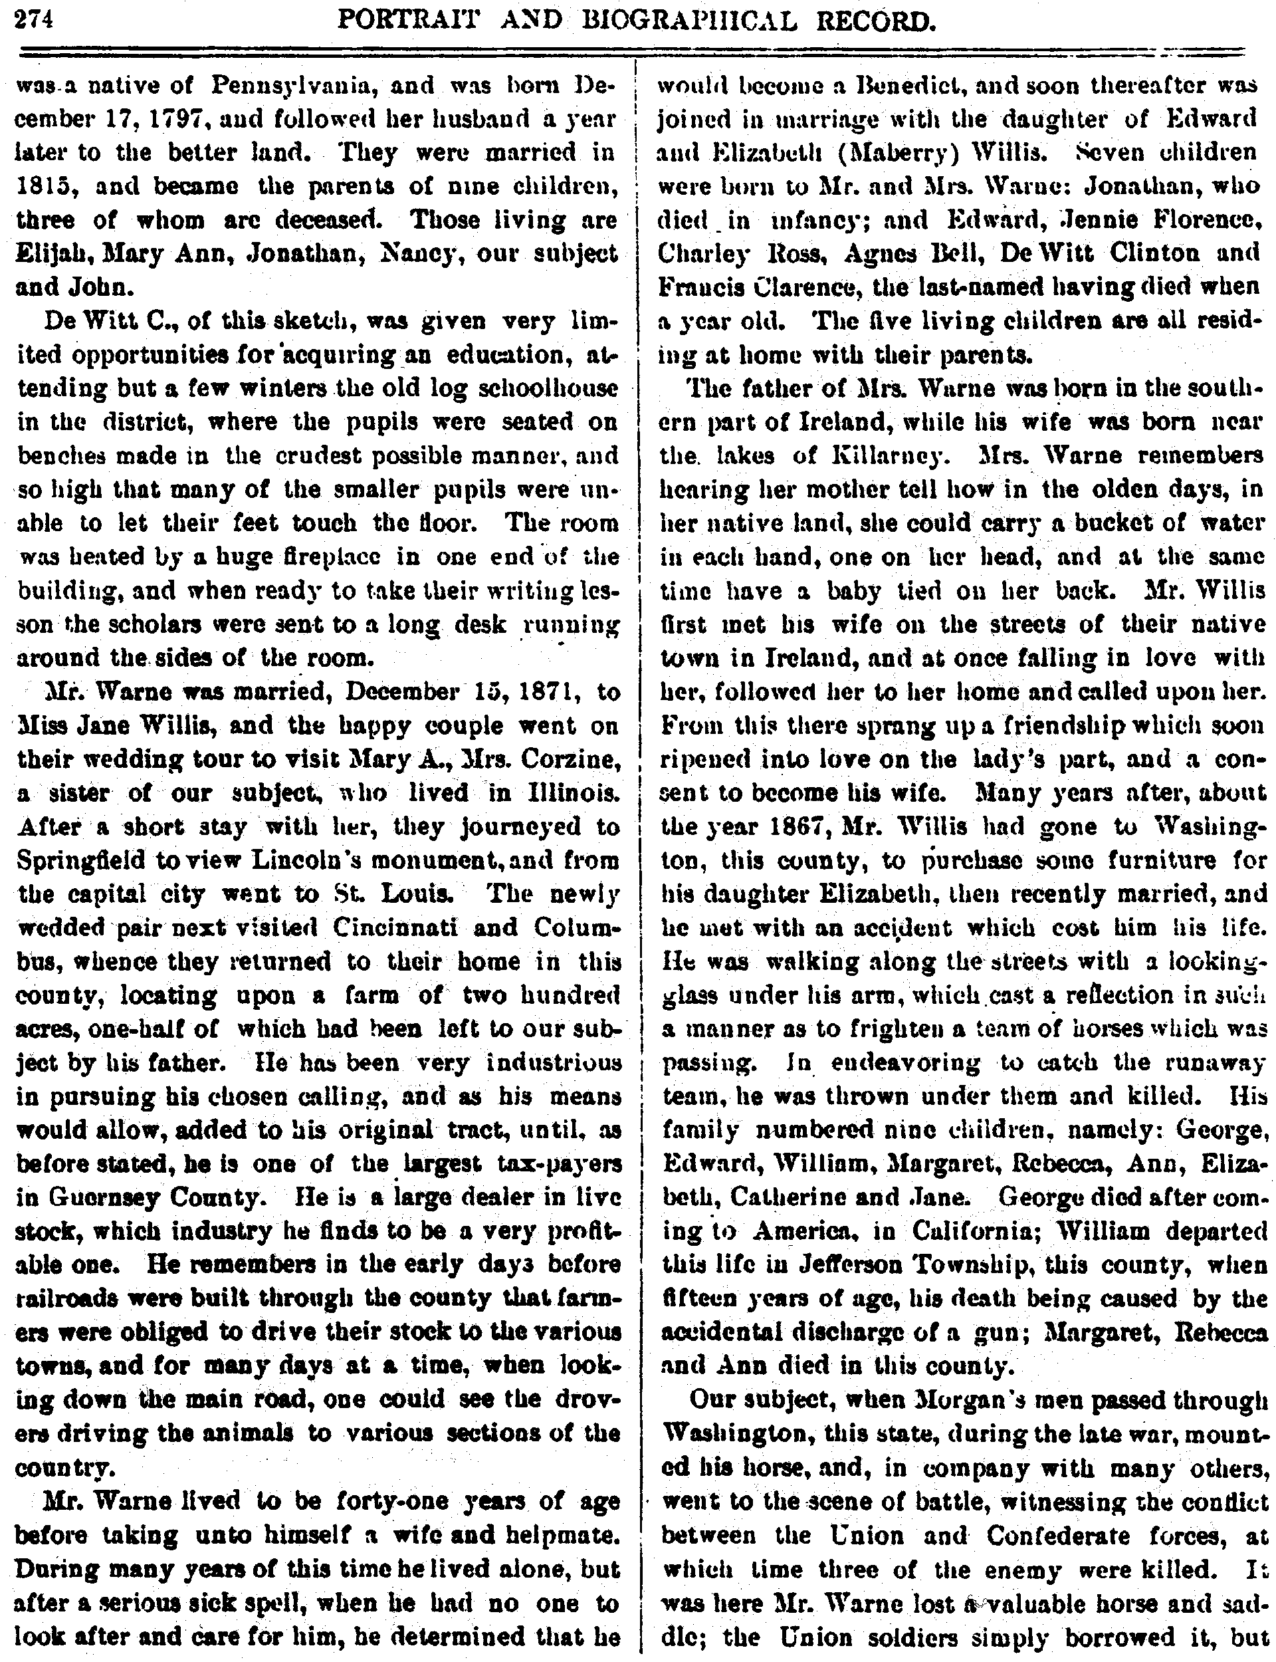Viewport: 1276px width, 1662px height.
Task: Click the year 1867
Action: (778, 826)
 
